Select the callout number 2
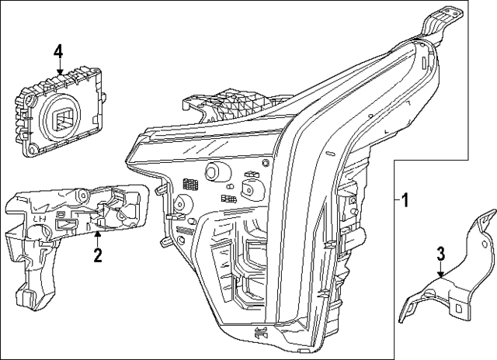(x=98, y=254)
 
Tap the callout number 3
(x=440, y=254)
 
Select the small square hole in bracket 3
(x=463, y=308)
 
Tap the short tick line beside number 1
(x=395, y=200)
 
